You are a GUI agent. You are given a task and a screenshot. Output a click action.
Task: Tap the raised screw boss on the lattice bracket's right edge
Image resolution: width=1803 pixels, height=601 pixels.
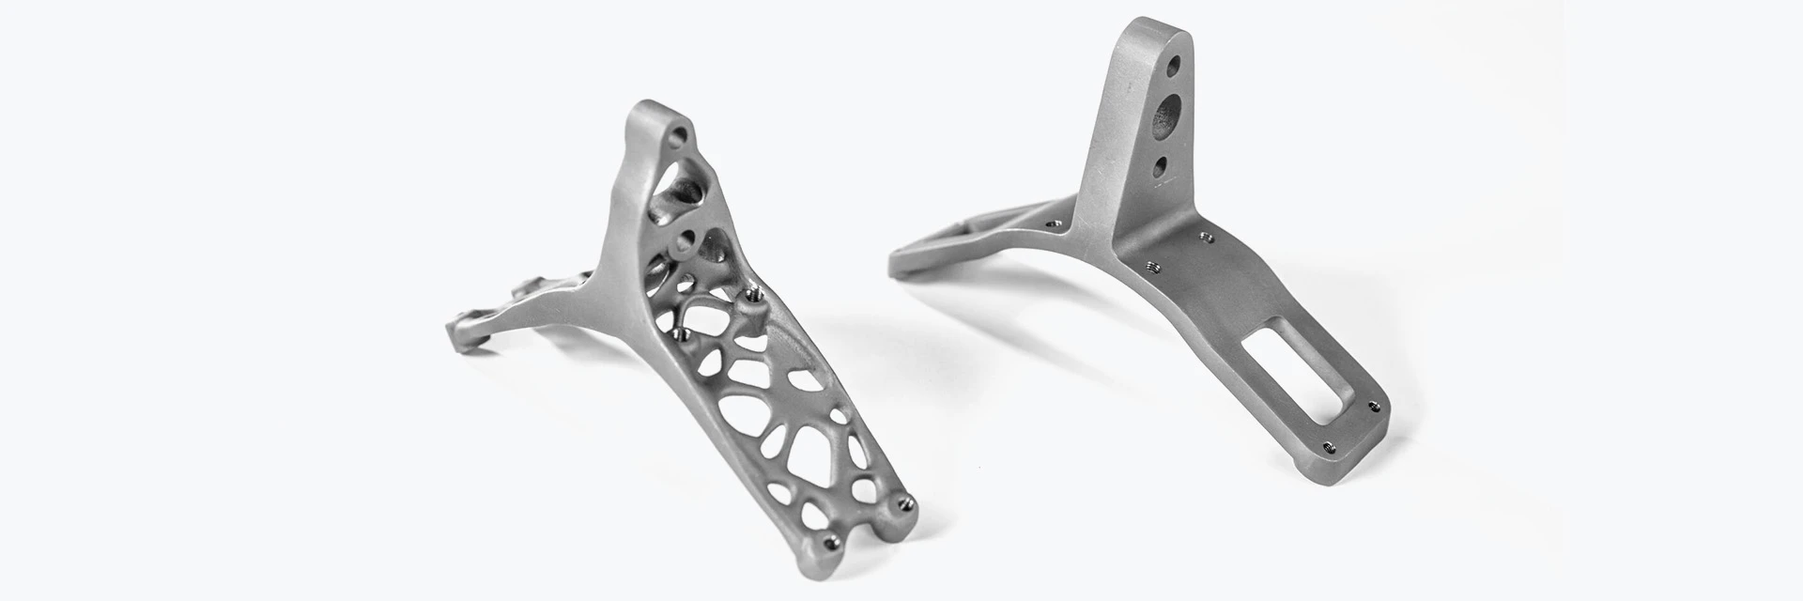pyautogui.click(x=751, y=299)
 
